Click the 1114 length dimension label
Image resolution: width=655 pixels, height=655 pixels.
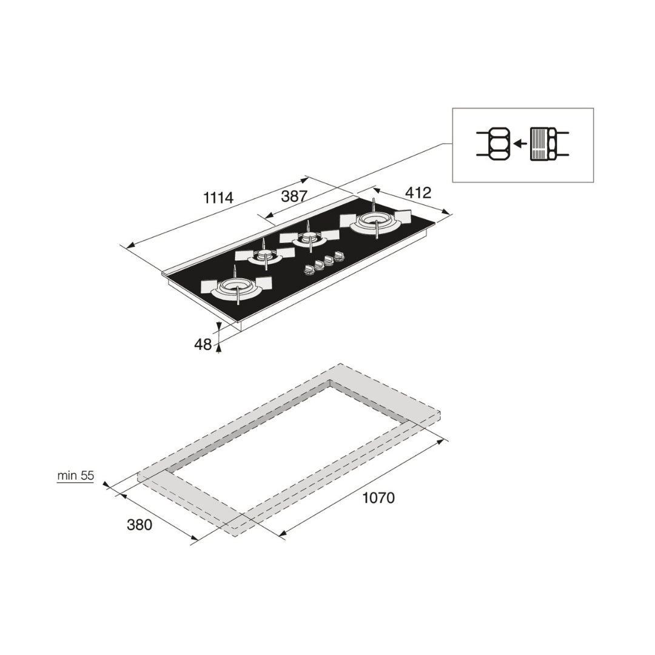(218, 197)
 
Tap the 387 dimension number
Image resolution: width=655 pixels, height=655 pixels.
(294, 196)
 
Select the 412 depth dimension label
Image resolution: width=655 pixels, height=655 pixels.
(418, 193)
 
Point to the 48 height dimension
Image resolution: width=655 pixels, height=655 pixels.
(203, 344)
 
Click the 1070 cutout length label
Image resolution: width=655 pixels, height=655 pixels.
(378, 497)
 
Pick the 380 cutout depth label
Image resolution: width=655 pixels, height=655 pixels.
(139, 524)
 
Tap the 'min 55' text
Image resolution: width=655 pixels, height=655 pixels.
(76, 475)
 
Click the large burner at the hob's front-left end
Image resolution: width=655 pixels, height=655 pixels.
(237, 287)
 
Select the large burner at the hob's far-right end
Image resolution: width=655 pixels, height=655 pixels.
(375, 221)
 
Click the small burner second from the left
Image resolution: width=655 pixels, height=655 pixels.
(265, 256)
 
